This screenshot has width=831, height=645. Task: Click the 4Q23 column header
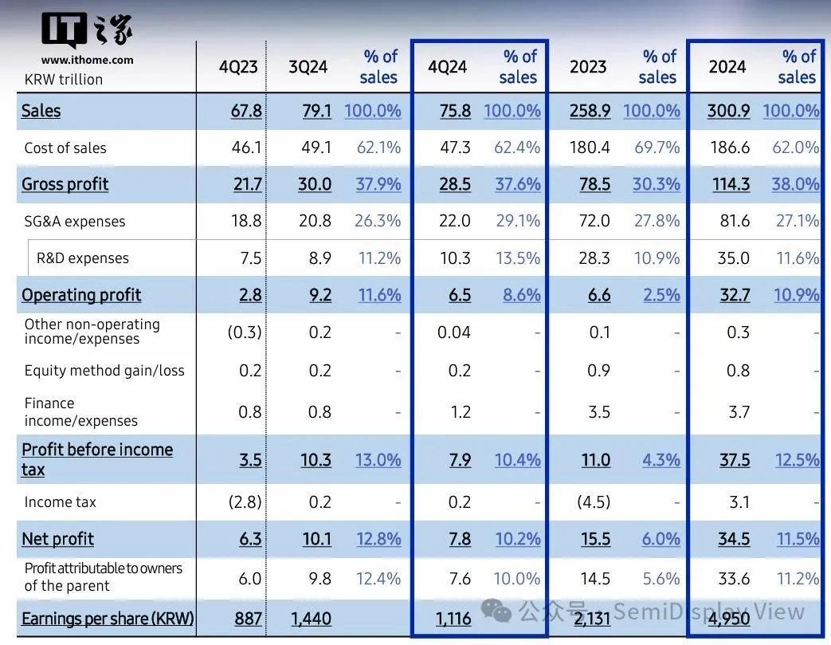pos(238,67)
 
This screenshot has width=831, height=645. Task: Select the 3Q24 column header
pos(308,67)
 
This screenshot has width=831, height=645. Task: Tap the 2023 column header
pos(588,67)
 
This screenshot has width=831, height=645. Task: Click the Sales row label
pos(41,111)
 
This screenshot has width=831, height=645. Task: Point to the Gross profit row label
pos(65,184)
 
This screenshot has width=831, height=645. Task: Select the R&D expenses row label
pos(83,258)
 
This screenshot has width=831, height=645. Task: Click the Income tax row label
pos(61,502)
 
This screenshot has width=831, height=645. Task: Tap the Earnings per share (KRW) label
pos(108,619)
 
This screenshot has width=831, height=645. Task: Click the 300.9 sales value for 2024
pos(728,111)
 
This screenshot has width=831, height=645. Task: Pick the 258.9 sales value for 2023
pos(590,111)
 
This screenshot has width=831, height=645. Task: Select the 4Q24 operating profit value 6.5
pos(460,295)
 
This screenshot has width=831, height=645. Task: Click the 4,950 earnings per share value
pos(729,619)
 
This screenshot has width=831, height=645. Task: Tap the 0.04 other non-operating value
pos(454,332)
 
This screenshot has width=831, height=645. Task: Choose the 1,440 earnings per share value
pos(310,619)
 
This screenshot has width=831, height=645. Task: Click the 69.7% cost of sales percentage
pos(657,147)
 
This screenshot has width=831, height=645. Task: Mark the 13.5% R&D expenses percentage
pos(518,258)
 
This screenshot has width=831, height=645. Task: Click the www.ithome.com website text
pos(88,60)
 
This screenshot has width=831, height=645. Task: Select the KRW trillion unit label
pos(64,79)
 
